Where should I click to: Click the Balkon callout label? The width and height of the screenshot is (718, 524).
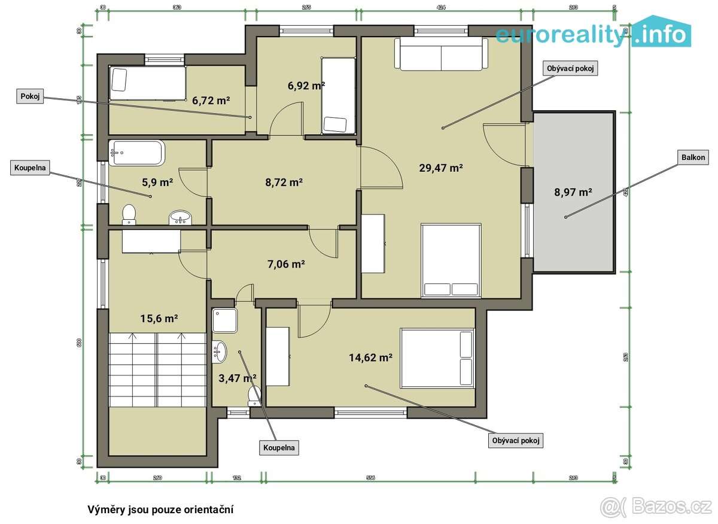[693, 158]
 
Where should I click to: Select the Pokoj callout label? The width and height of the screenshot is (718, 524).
[30, 96]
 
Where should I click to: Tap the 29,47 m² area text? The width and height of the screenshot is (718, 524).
[442, 168]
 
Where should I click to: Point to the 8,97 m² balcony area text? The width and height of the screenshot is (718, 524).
[573, 192]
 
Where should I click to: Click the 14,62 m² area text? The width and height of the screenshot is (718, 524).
[370, 358]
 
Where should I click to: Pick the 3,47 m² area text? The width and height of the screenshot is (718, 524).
[238, 378]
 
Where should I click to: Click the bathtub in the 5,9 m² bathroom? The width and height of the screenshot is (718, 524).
[137, 153]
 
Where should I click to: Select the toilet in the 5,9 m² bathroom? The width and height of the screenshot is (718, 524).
[129, 214]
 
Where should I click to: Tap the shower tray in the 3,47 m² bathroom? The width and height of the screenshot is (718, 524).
[225, 320]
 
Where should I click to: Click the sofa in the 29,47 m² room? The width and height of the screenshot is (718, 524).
[441, 54]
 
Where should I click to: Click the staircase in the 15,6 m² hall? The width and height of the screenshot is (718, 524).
[157, 369]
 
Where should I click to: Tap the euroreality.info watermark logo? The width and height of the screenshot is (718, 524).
[592, 35]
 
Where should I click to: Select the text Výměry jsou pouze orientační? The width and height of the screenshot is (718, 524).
[160, 510]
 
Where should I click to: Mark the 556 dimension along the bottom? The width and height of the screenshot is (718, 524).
[370, 477]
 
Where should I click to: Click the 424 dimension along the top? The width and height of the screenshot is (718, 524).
[441, 8]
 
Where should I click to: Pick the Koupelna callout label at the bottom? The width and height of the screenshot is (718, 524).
[278, 447]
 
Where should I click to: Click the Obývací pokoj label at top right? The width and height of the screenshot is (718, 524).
[571, 68]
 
